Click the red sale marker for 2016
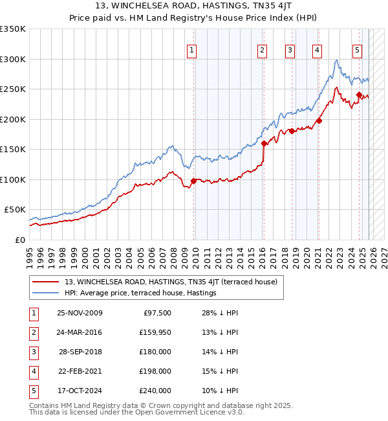(x=264, y=143)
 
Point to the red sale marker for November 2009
(x=193, y=181)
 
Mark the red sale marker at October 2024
(x=359, y=95)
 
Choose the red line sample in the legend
(x=45, y=282)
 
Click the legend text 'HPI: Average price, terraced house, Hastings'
(x=140, y=293)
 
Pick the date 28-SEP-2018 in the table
(x=80, y=352)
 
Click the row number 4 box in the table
(x=33, y=371)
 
